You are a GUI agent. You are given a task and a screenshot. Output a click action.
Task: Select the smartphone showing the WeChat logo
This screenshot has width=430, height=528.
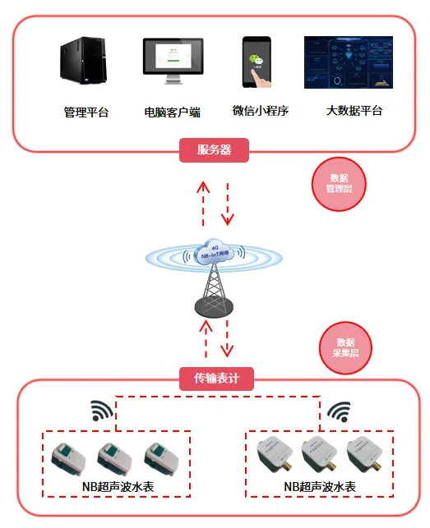[258, 62]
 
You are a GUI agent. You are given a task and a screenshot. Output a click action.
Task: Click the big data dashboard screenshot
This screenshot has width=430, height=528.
[349, 62]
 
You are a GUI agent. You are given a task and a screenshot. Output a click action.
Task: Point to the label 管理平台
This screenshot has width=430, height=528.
[86, 112]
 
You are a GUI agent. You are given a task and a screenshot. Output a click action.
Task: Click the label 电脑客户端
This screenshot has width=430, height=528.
[173, 112]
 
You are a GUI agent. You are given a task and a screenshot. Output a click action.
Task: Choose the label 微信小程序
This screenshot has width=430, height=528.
[261, 111]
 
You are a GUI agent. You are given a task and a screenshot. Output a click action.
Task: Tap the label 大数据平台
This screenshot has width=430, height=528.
[354, 111]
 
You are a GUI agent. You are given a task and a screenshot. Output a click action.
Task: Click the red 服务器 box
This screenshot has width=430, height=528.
[214, 150]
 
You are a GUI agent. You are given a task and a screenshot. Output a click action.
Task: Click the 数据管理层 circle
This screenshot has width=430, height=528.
[339, 183]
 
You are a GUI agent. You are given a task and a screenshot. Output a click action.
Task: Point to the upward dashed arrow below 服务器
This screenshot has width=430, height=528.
[203, 200]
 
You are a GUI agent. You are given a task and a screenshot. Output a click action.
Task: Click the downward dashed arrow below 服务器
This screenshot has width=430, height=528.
[228, 200]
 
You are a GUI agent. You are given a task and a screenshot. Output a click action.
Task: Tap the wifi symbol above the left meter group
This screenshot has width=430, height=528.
[100, 411]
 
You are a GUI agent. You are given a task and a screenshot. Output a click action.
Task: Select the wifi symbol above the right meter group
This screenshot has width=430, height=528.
[338, 411]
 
